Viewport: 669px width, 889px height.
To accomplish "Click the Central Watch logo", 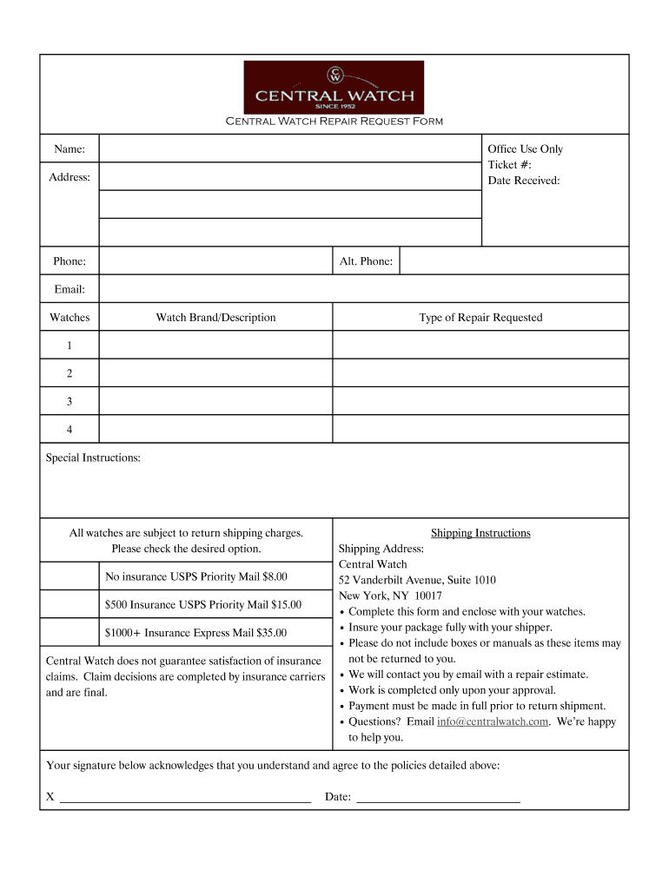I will pos(334,87).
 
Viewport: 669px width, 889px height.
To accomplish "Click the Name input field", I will pos(290,149).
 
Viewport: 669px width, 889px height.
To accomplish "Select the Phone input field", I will pos(215,260).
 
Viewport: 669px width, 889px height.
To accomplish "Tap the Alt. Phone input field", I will pos(513,260).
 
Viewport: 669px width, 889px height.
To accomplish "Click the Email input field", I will pos(363,289).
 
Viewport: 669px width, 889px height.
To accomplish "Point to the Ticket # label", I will pos(510,165).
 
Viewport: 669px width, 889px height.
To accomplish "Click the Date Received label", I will pos(524,181).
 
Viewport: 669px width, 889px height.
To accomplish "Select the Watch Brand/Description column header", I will pos(215,318).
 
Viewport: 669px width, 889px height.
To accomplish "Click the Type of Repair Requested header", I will pos(480,318).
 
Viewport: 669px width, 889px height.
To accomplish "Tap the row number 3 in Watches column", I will pos(70,401).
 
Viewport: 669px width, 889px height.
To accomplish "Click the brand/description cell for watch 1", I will pos(215,346).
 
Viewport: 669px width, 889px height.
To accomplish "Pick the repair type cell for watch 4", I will pos(480,429).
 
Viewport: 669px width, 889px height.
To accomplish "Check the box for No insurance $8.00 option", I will pos(70,576).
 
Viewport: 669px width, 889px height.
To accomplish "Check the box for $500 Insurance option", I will pos(70,604).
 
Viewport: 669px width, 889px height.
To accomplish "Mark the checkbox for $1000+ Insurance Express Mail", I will pos(70,632).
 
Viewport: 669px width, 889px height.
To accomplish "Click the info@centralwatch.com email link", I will pos(493,721).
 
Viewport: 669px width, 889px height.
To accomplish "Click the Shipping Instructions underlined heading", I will pos(480,533).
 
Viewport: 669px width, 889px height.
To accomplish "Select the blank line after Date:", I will pos(439,797).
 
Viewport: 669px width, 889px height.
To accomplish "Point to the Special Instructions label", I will pos(93,458).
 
